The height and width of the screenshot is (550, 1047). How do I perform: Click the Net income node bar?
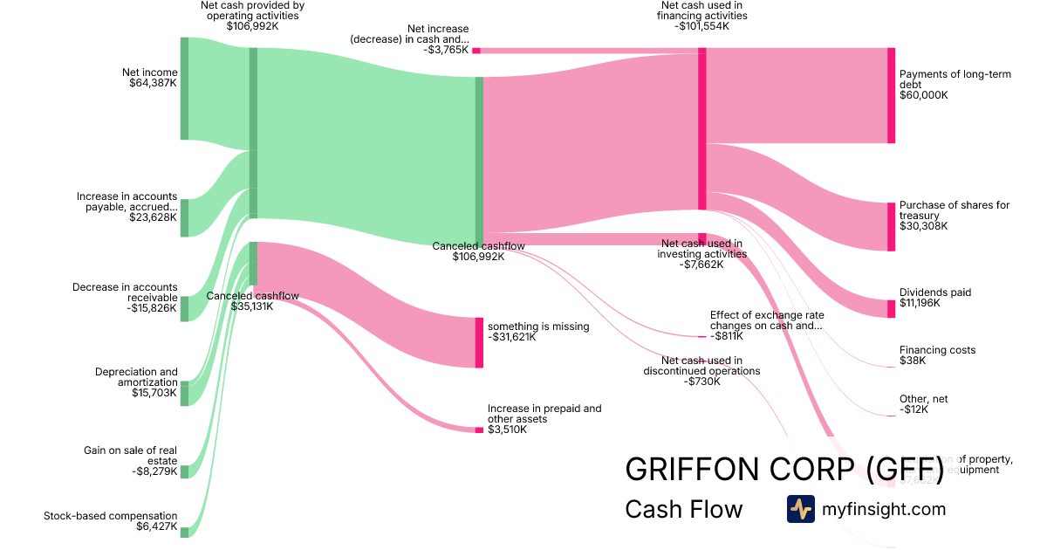[184, 88]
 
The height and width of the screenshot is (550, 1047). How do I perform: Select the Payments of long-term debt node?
[891, 95]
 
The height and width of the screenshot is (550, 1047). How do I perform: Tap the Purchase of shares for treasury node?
[891, 226]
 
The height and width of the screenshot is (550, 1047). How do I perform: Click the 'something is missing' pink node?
[479, 342]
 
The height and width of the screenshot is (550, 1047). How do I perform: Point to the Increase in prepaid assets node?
[479, 430]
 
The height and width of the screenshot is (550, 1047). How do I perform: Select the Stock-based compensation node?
[184, 532]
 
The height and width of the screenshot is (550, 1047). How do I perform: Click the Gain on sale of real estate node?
[184, 471]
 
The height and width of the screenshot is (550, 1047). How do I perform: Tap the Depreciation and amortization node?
[184, 394]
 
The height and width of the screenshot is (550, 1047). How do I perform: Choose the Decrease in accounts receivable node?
[184, 308]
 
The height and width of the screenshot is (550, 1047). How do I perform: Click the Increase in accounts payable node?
[184, 217]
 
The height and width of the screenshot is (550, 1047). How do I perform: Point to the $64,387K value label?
[151, 84]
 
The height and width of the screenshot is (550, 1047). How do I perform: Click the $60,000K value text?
[923, 95]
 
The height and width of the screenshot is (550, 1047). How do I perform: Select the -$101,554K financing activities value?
[701, 27]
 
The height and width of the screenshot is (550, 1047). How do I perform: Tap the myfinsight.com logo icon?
[800, 509]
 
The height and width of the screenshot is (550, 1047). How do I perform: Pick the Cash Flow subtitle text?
[683, 510]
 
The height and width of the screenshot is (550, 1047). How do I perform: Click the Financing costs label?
[937, 350]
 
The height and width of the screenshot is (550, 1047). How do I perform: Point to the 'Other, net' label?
[923, 399]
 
